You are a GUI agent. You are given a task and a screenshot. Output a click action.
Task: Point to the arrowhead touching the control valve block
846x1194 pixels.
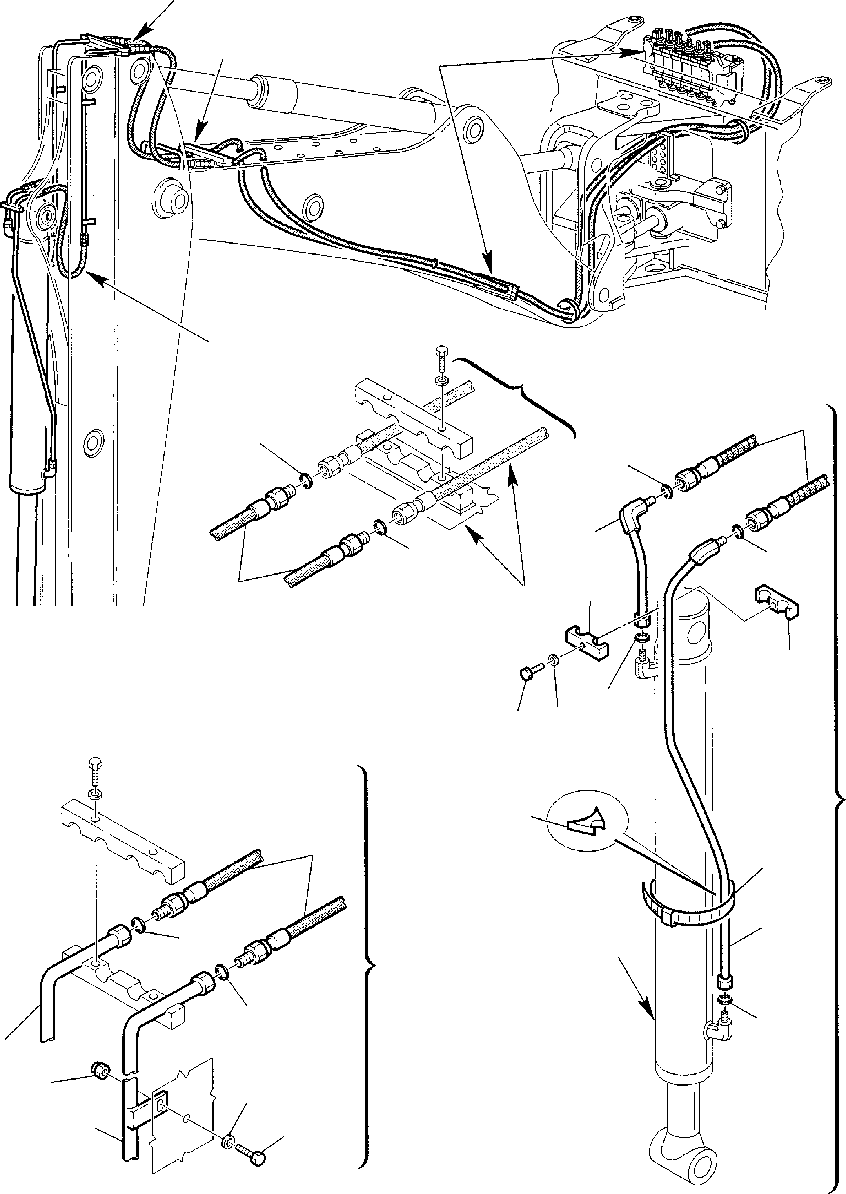(x=639, y=51)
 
